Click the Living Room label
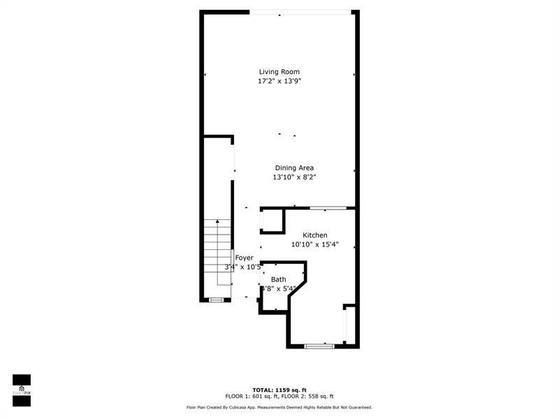coord(279,71)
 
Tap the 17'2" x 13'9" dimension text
coord(279,81)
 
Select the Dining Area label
coord(294,168)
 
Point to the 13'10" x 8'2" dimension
coord(294,177)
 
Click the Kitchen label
coord(314,235)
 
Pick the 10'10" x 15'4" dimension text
coord(315,244)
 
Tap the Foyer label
coord(244,258)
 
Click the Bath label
coord(278,279)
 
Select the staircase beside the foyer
coord(217,251)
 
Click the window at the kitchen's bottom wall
coord(319,346)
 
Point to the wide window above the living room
coord(301,12)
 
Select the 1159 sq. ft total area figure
coord(292,390)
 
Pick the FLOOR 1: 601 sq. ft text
coord(251,397)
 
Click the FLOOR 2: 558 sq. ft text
coord(308,397)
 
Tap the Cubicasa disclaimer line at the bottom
coord(279,407)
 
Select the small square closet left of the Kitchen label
coord(273,221)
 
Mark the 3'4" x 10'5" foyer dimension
coord(243,267)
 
